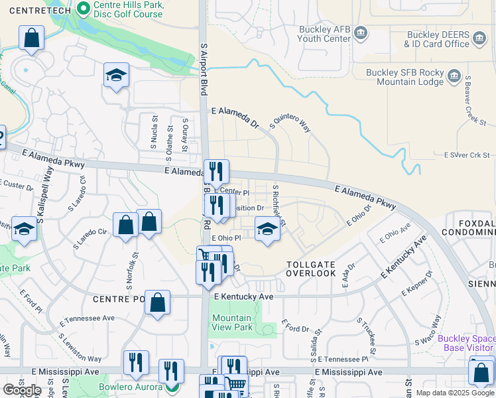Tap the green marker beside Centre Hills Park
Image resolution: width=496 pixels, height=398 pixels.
[83, 9]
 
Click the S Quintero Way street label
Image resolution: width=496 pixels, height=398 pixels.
[290, 124]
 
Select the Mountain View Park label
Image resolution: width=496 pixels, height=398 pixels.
[232, 322]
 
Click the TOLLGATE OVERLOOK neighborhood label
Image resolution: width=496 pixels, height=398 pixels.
[311, 269]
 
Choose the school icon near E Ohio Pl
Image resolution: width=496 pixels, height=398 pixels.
[267, 230]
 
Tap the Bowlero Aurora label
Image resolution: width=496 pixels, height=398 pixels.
[131, 387]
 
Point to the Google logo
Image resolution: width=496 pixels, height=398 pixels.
[22, 390]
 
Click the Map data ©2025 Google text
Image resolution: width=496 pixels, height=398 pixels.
[454, 393]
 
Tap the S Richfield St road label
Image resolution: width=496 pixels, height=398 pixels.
[279, 205]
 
